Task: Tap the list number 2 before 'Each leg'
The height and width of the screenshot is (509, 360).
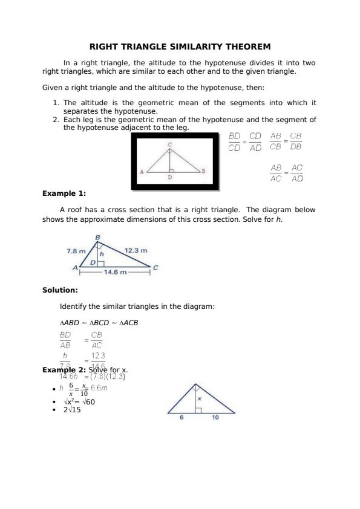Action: (56, 120)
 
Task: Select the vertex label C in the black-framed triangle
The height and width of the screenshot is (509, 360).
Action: (169, 145)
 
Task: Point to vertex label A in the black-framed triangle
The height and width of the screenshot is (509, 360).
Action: (142, 172)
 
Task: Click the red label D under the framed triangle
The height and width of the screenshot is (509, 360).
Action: (169, 178)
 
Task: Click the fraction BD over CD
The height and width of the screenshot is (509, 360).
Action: (235, 142)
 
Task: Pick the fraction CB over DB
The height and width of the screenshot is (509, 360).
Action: (296, 142)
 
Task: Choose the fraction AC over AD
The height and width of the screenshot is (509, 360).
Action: (297, 173)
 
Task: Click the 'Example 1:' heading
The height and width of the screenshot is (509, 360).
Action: (64, 194)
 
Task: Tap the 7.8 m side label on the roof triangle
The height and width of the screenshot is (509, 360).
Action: (76, 250)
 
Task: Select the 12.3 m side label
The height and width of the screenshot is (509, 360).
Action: (136, 250)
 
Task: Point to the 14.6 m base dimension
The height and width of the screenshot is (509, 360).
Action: (115, 273)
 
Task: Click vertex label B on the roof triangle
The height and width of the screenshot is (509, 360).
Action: (97, 237)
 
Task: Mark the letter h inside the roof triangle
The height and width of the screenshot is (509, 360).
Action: (102, 254)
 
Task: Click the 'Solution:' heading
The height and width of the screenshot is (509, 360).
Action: (60, 290)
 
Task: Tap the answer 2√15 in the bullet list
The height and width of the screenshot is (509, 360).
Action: (72, 410)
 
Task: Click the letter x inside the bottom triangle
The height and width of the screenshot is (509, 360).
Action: (199, 398)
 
